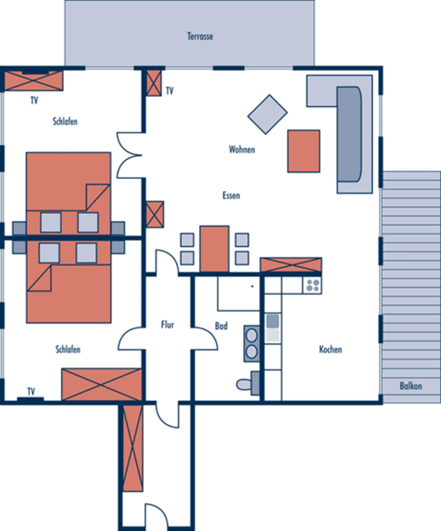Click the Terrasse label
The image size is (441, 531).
pyautogui.click(x=200, y=36)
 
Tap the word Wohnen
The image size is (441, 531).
pyautogui.click(x=242, y=149)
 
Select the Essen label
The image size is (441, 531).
pyautogui.click(x=231, y=196)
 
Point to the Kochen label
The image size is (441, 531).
pyautogui.click(x=331, y=349)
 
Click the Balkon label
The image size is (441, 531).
pyautogui.click(x=411, y=386)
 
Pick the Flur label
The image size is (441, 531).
pyautogui.click(x=168, y=324)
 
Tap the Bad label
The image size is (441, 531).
pyautogui.click(x=222, y=326)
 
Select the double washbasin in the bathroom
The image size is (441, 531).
pyautogui.click(x=251, y=344)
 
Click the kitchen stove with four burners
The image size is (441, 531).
pyautogui.click(x=312, y=285)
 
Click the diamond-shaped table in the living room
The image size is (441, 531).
pyautogui.click(x=267, y=115)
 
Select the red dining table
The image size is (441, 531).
pyautogui.click(x=214, y=249)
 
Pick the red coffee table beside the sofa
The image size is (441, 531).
pyautogui.click(x=304, y=151)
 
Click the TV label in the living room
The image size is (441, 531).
pyautogui.click(x=169, y=91)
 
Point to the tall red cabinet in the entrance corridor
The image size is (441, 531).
pyautogui.click(x=132, y=448)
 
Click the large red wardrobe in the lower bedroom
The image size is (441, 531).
pyautogui.click(x=101, y=384)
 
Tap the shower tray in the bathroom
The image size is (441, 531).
pyautogui.click(x=239, y=293)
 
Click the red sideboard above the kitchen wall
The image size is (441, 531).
pyautogui.click(x=291, y=265)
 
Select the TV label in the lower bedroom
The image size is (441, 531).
pyautogui.click(x=31, y=392)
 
